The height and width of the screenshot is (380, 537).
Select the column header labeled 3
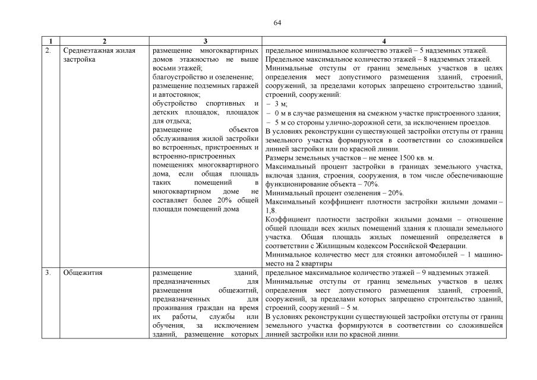click(x=205, y=41)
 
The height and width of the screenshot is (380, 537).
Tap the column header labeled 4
click(x=384, y=41)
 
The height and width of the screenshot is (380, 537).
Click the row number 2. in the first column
click(x=48, y=50)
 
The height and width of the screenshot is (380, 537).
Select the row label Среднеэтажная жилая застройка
click(x=99, y=55)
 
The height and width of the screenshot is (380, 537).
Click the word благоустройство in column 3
click(x=179, y=77)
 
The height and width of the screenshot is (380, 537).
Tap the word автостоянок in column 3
click(x=179, y=95)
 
